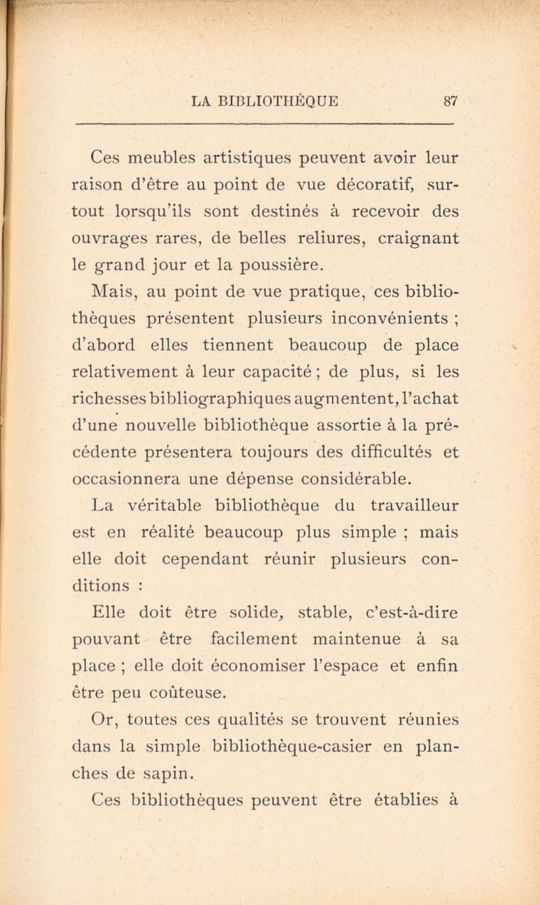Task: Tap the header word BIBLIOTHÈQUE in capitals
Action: [281, 101]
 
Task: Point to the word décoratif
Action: [376, 186]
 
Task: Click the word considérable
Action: [373, 478]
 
